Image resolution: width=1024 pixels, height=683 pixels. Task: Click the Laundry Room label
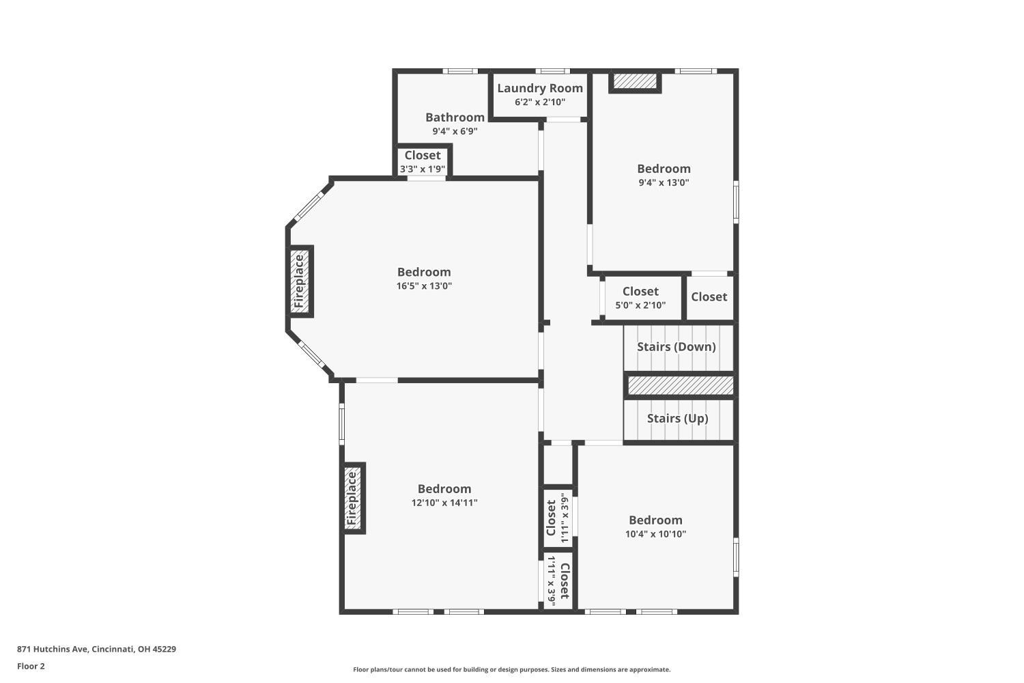(540, 88)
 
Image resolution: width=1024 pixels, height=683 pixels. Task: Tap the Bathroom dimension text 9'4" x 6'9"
(455, 131)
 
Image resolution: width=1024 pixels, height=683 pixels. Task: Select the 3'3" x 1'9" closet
(423, 161)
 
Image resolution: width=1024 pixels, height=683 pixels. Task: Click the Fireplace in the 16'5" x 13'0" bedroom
(300, 281)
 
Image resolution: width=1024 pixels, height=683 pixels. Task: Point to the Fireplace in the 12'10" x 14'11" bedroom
(352, 498)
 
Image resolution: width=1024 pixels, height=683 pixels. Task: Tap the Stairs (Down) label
(676, 347)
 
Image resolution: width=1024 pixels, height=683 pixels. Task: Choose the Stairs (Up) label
(677, 419)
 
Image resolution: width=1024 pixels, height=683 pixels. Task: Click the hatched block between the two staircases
(680, 385)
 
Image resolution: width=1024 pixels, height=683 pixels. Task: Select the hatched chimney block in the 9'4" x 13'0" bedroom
(634, 81)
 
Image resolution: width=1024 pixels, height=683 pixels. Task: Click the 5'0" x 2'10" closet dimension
(640, 305)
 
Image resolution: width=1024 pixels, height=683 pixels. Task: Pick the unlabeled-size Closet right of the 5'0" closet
(709, 297)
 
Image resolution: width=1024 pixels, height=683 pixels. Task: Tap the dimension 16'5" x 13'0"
(424, 286)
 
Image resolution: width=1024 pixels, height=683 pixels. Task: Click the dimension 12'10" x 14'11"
(444, 503)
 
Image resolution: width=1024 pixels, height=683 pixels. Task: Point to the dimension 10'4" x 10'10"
(655, 534)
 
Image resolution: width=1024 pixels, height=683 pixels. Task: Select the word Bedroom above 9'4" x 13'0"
(664, 169)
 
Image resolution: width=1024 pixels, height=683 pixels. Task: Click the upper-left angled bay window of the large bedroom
(308, 208)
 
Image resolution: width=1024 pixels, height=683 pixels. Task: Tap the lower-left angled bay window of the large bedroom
(313, 354)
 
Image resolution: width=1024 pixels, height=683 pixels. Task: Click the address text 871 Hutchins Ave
(53, 649)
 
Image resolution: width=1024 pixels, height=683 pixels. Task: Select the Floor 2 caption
(31, 666)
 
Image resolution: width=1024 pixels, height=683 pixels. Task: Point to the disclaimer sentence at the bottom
(511, 669)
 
